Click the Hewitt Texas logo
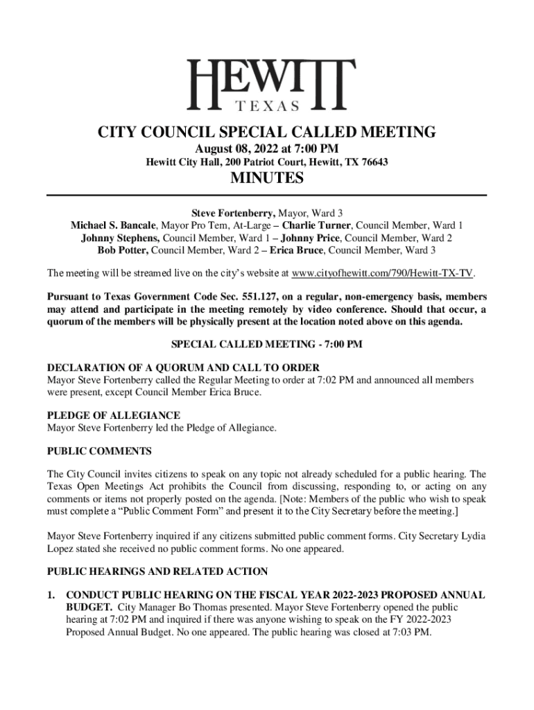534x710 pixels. [x=267, y=85]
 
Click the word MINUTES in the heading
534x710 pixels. [x=267, y=179]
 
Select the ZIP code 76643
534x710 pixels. [x=373, y=162]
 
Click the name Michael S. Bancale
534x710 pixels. [x=114, y=225]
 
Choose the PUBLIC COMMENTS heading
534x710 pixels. [x=98, y=451]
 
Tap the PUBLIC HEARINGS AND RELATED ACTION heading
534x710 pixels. [x=157, y=572]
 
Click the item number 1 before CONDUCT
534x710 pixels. [x=50, y=595]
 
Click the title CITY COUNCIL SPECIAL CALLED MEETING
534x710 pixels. [x=267, y=132]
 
